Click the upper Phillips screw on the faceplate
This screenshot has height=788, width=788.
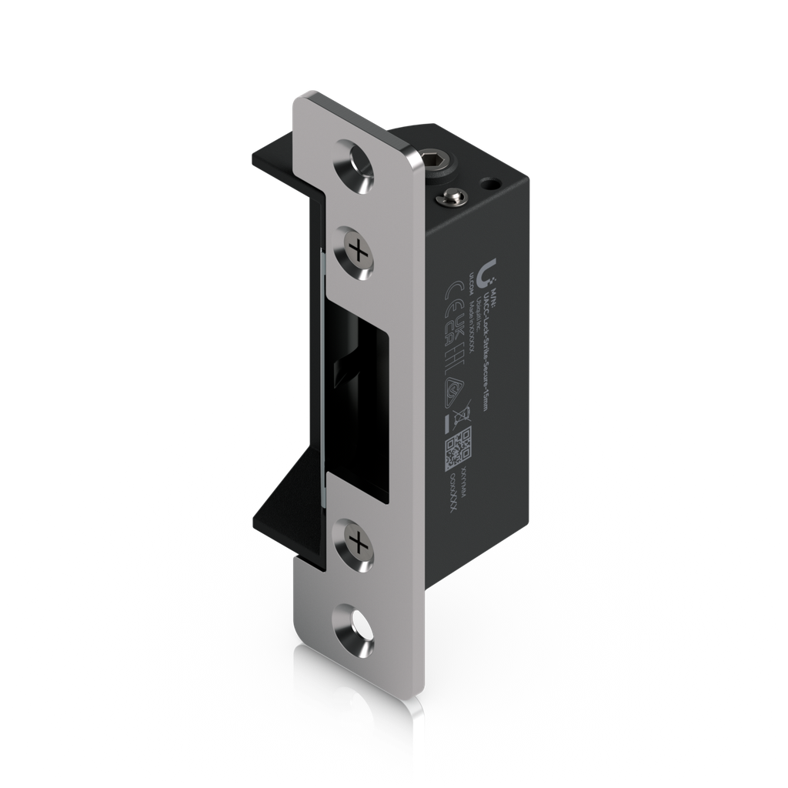[x=356, y=250]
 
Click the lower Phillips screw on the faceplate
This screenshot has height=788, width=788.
[x=356, y=543]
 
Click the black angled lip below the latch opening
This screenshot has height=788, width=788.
[x=289, y=501]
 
